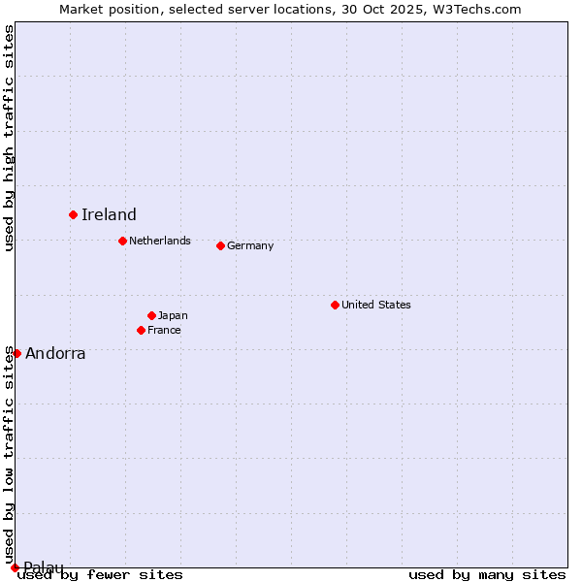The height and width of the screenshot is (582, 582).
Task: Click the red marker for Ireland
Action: (x=73, y=214)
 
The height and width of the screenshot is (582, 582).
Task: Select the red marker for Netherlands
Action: (x=122, y=241)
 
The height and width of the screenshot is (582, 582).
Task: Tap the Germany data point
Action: (x=220, y=245)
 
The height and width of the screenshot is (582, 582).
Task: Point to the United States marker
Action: (x=335, y=305)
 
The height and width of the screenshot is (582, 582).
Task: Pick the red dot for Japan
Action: (x=151, y=315)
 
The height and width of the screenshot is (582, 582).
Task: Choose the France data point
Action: (x=141, y=330)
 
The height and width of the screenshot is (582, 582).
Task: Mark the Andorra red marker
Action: (x=16, y=353)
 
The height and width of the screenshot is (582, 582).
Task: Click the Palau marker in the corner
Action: (x=15, y=567)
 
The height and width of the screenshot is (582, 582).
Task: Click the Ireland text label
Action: (x=109, y=215)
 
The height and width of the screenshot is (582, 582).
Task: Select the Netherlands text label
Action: (x=160, y=241)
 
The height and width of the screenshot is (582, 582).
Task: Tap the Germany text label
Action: (x=250, y=245)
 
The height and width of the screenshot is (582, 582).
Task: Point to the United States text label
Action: (x=376, y=305)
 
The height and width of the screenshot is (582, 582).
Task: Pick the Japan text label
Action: (x=173, y=315)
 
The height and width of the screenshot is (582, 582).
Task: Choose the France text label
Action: (x=164, y=330)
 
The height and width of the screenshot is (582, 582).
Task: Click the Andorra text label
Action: (x=55, y=354)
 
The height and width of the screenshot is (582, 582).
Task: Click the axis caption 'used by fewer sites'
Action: (x=100, y=574)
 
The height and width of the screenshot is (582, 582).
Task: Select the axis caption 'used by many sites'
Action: (x=487, y=574)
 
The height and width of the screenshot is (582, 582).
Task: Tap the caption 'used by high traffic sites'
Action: (x=10, y=138)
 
